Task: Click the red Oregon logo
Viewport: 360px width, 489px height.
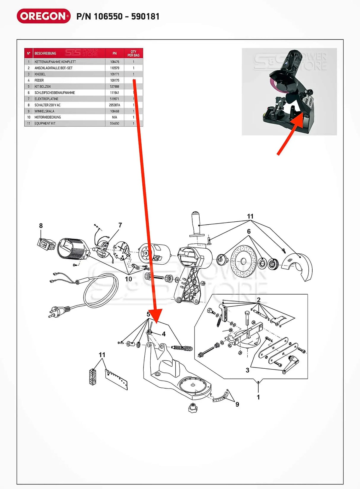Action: point(44,16)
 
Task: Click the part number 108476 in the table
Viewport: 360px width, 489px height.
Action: point(114,62)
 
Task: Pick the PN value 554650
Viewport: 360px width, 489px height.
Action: point(114,124)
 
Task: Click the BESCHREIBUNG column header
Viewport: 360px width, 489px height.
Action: point(45,53)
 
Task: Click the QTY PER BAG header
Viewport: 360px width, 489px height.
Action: point(133,53)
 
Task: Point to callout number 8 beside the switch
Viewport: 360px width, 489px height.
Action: point(41,226)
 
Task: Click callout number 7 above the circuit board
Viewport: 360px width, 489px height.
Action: point(120,225)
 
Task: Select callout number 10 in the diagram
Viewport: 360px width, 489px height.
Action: point(128,279)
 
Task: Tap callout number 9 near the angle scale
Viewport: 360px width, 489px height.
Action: point(237,404)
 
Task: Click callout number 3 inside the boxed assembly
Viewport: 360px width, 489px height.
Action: point(248,370)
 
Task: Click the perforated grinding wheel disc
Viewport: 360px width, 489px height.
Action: point(243,261)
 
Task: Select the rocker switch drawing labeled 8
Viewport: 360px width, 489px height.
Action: point(46,244)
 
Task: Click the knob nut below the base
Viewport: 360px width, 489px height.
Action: point(193,408)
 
